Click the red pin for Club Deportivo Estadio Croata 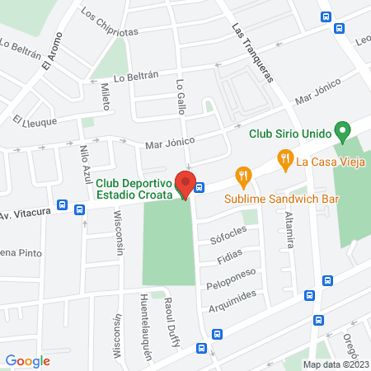coord(185,186)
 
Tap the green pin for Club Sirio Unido coord(343,131)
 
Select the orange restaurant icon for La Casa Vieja coord(285,157)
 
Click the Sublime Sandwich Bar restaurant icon coord(242,175)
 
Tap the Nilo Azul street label coord(85,163)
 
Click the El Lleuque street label coord(35,121)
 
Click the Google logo coord(27,360)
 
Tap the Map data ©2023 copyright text coord(335,364)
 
